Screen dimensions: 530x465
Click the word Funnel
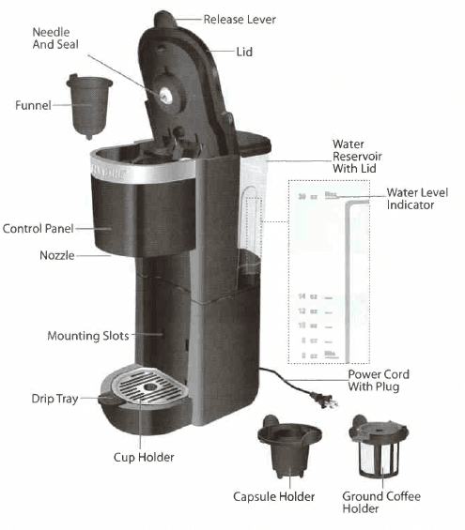tap(33, 107)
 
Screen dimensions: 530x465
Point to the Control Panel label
tap(38, 228)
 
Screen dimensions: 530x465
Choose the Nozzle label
tap(57, 255)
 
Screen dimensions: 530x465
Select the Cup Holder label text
tap(143, 457)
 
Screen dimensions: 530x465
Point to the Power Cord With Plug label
tap(378, 380)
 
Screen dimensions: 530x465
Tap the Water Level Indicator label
tap(416, 198)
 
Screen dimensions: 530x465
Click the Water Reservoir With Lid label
tap(356, 156)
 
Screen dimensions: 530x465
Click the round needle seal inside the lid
tap(165, 95)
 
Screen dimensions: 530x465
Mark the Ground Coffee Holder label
tap(381, 502)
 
